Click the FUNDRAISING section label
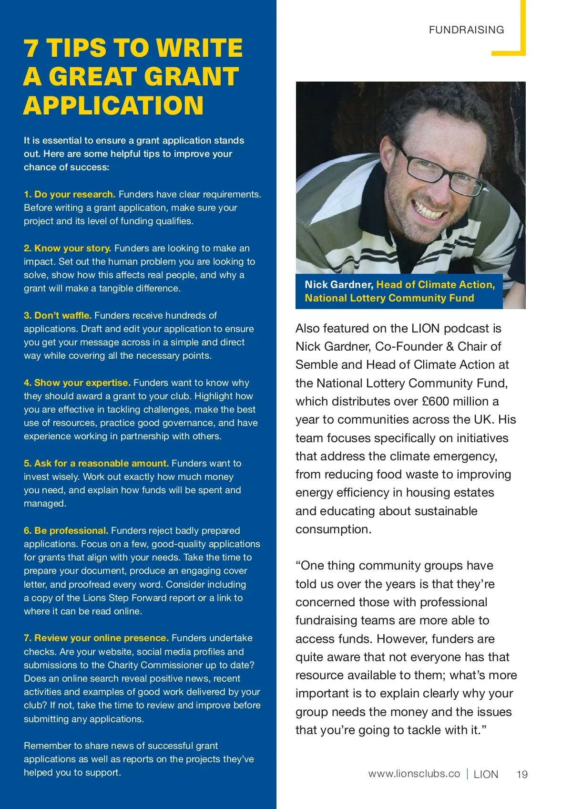coord(466,30)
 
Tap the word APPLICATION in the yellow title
coord(113,105)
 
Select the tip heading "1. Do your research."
coord(70,194)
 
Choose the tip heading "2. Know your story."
coord(68,248)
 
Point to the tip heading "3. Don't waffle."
coord(58,315)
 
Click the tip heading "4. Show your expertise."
coord(77,383)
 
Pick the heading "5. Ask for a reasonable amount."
coord(96,463)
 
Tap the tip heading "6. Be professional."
coord(66,530)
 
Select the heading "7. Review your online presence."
coord(96,638)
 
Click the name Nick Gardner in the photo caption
coord(338,285)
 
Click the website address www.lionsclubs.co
coord(414,774)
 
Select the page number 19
coord(522,774)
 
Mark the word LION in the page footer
coord(486,774)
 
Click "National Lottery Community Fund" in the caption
coord(389,298)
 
